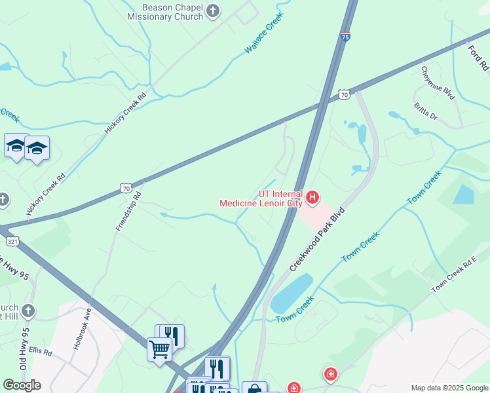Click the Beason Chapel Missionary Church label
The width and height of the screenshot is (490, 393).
pos(173,11)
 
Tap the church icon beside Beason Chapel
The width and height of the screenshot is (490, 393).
pos(213,10)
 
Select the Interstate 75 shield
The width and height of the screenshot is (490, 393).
pos(345,37)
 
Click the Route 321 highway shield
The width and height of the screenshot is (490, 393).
pos(13,241)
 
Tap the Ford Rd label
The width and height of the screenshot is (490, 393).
pos(478,56)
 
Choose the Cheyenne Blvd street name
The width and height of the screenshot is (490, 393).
pos(438,83)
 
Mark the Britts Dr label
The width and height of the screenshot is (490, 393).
pos(425,111)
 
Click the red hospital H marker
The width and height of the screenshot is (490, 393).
pos(312,196)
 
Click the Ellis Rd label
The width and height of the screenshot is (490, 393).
pos(40,352)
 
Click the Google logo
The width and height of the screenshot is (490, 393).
pos(22,385)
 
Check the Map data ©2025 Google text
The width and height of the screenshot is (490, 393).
pos(449,388)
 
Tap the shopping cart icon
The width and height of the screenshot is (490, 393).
pos(159,349)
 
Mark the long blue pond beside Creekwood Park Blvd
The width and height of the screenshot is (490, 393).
pos(291,293)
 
